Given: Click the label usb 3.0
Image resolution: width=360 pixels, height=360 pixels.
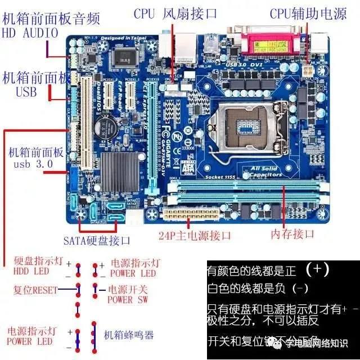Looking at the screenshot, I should click(33, 164).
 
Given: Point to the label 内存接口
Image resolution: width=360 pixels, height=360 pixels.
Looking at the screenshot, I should click(292, 234).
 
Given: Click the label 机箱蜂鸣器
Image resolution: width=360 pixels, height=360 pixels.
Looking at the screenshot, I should click(129, 335).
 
